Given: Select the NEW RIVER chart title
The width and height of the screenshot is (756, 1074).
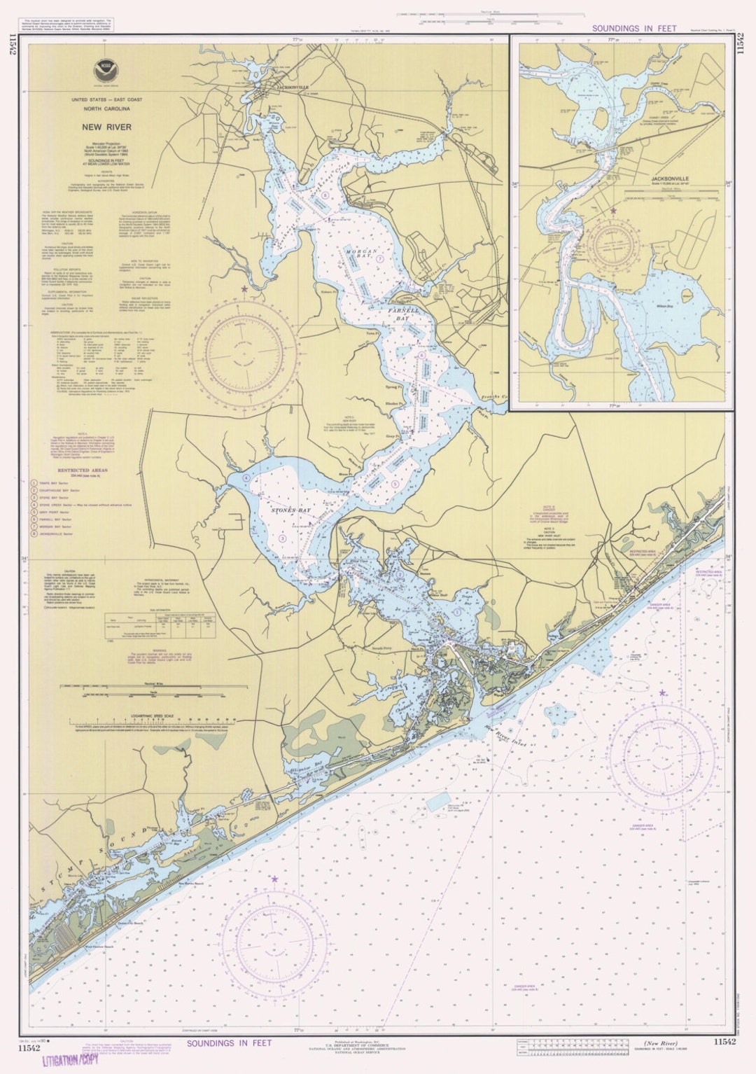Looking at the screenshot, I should tap(104, 127).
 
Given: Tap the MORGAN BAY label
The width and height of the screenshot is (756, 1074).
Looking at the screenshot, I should tap(361, 254).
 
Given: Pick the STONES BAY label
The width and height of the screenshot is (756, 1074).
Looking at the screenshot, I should tap(290, 510).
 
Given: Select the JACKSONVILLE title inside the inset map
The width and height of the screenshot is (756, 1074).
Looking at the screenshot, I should tap(669, 179).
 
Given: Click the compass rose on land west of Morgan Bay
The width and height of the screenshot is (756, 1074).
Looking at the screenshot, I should tap(244, 353).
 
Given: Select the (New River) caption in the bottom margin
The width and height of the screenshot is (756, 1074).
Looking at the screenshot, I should tap(661, 1043).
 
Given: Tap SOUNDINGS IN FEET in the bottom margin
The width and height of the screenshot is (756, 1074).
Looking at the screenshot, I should tap(228, 1043).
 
